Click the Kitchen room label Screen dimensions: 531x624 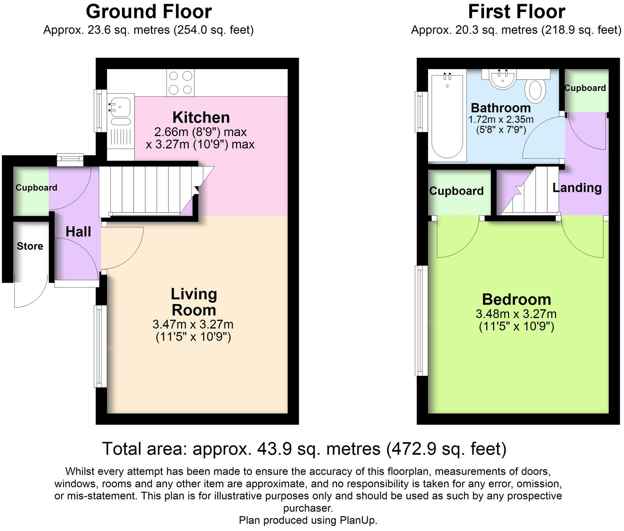[x=201, y=117]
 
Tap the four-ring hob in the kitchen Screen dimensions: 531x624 [x=180, y=83]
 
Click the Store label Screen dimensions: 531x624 [x=30, y=246]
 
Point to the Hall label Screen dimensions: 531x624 [x=78, y=232]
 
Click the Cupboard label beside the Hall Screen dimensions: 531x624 [x=36, y=188]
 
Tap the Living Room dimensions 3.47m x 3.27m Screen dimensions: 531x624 [x=193, y=324]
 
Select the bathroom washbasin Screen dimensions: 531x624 [x=503, y=79]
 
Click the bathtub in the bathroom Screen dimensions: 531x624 [x=447, y=116]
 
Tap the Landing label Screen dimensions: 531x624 [x=577, y=188]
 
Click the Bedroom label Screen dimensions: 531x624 [x=516, y=299]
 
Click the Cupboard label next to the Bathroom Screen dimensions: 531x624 [x=585, y=88]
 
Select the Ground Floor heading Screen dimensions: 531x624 [x=149, y=12]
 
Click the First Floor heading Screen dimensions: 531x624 [x=516, y=12]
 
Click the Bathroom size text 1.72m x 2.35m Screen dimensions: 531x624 [x=501, y=119]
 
